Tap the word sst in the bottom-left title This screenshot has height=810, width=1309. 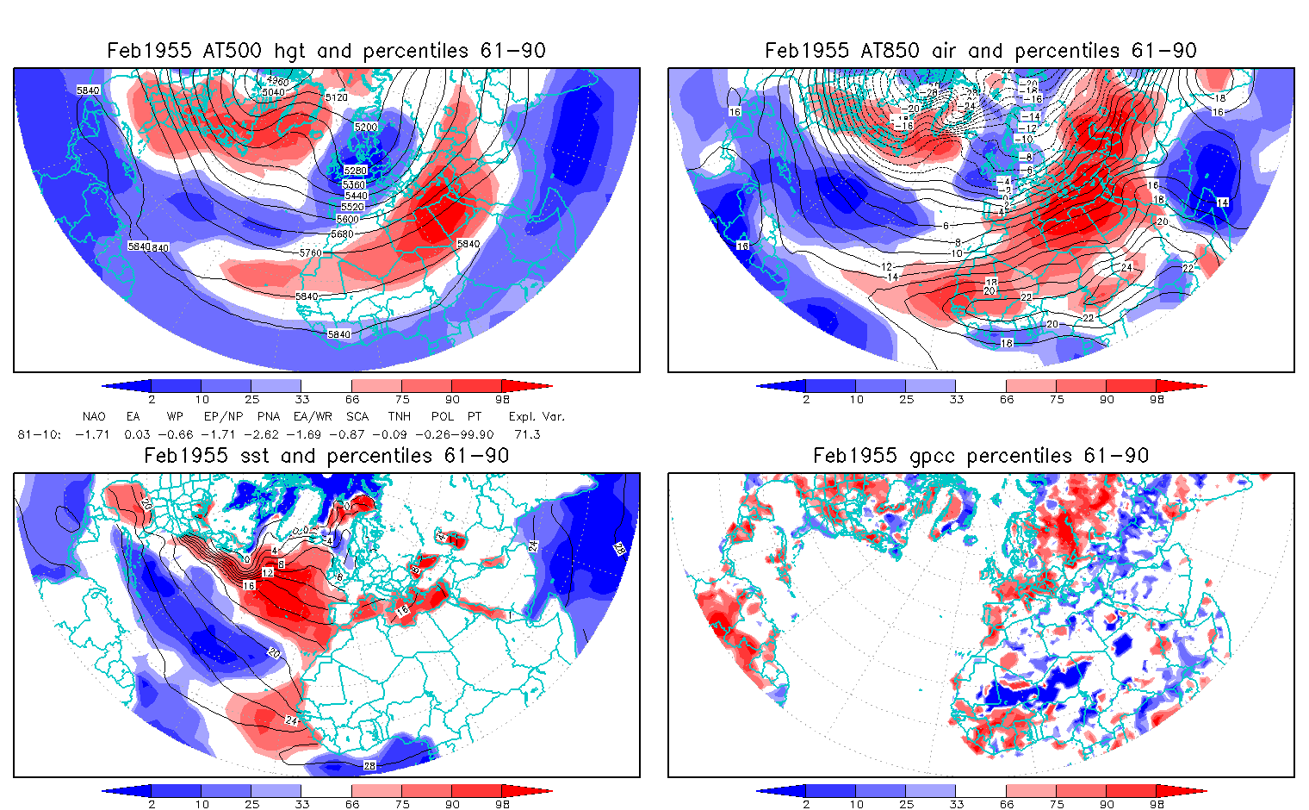[x=243, y=456]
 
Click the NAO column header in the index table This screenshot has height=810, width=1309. [x=94, y=416]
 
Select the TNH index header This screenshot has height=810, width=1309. [x=399, y=416]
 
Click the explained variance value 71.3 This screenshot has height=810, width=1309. [x=527, y=434]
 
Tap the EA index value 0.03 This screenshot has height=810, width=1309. [x=138, y=434]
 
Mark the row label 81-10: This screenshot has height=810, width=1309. [x=39, y=434]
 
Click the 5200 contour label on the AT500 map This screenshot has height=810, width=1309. [x=366, y=127]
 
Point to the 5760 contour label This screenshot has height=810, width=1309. [x=310, y=252]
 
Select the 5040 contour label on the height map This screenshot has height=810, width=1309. [x=273, y=92]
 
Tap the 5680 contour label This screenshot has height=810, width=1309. [x=342, y=234]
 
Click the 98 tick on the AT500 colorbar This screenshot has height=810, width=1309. [x=502, y=399]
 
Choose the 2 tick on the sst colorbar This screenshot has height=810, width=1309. [x=152, y=804]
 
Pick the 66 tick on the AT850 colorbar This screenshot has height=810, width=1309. [x=1007, y=399]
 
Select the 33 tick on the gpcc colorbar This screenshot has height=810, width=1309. [x=957, y=804]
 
